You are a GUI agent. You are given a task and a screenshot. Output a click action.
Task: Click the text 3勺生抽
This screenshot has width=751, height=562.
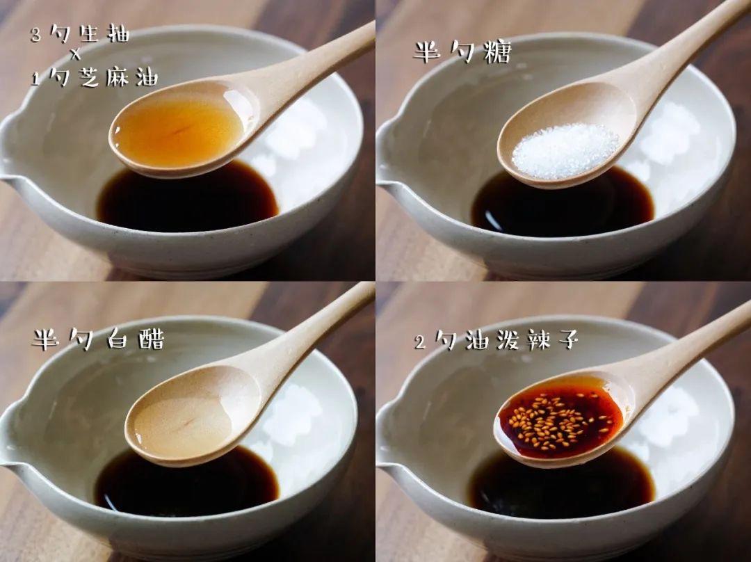coord(80,35)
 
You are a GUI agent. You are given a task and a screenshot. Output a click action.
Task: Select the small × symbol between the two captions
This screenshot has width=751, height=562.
coord(76,56)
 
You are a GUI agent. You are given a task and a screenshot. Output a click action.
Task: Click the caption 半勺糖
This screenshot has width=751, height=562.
coord(462,51)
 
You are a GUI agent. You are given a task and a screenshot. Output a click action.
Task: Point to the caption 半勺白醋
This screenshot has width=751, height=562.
coord(99,339)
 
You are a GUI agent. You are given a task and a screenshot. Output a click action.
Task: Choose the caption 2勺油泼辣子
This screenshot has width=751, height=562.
coord(496,341)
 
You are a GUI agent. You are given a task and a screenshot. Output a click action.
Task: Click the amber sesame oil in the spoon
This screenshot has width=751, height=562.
coord(178,128)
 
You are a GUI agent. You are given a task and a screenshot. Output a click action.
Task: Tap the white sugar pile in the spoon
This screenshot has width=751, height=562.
coord(565,151)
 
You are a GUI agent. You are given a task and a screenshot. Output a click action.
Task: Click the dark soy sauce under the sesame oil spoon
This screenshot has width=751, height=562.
coord(187,200)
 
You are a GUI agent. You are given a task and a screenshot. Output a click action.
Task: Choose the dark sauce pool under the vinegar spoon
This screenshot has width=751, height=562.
coord(187,484)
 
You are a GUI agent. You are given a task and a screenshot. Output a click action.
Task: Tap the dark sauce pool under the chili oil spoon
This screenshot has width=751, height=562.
coord(561,486)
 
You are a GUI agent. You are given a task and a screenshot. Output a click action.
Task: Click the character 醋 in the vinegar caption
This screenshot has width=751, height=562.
coord(152,339)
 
